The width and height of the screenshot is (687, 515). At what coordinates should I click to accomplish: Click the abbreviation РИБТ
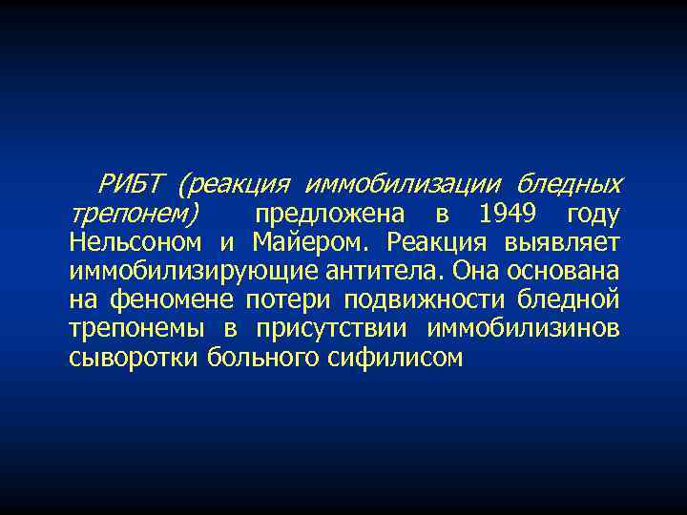[133, 181]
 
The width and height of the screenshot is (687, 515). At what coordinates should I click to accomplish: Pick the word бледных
[570, 181]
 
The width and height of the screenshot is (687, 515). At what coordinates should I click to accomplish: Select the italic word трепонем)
[134, 213]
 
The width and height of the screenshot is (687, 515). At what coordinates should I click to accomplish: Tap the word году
[593, 213]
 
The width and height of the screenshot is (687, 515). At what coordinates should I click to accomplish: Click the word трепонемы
[136, 329]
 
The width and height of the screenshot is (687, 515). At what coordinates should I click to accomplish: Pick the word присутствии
[335, 329]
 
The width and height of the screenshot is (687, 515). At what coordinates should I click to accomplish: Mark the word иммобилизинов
[524, 329]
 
